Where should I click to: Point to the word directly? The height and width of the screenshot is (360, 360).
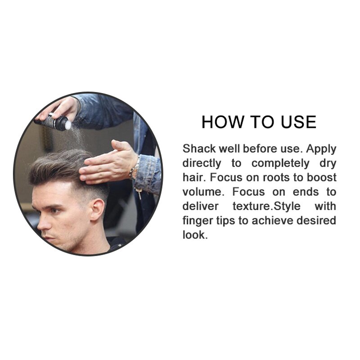[202, 163]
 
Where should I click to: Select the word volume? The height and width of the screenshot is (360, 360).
[203, 192]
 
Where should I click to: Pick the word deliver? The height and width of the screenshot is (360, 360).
[199, 206]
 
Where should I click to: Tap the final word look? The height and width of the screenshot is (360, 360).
[195, 235]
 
